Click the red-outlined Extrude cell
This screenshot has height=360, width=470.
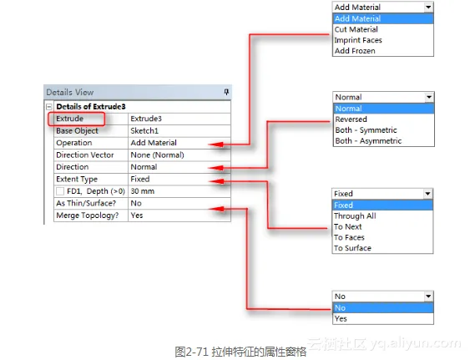click(x=77, y=119)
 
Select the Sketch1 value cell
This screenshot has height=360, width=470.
click(x=179, y=131)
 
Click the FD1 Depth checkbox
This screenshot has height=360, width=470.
click(x=60, y=191)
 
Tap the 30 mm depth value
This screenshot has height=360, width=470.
click(x=143, y=191)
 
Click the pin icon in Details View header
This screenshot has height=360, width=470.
click(x=226, y=92)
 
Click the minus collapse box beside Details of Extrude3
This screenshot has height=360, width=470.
click(x=49, y=107)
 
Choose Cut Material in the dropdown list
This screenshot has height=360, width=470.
click(x=356, y=29)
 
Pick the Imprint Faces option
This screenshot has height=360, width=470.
click(x=358, y=40)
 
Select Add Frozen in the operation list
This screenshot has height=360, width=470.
click(x=355, y=51)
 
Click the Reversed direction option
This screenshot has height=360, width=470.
click(x=351, y=119)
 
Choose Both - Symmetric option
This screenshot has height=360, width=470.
click(x=366, y=130)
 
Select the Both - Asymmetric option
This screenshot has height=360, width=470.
click(x=368, y=141)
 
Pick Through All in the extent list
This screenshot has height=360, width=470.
click(x=355, y=216)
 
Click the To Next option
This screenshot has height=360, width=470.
click(x=348, y=227)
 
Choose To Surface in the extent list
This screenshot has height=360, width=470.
click(x=353, y=248)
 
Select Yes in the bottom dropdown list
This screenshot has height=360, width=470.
click(x=341, y=319)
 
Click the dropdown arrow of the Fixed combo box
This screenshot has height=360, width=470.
click(x=427, y=194)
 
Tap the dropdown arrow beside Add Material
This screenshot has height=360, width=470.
click(x=428, y=8)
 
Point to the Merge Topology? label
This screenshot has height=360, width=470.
click(x=88, y=215)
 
